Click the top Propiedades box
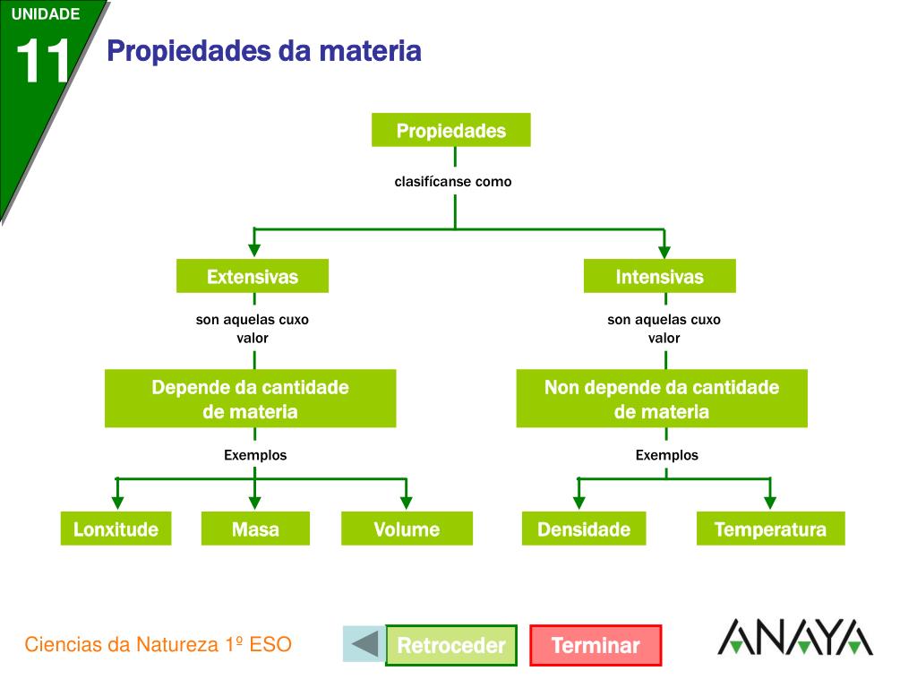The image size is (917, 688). (x=451, y=130)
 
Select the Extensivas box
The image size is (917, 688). (x=253, y=276)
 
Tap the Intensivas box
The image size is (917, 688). (x=660, y=276)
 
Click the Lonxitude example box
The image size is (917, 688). (x=116, y=529)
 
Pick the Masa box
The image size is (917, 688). (x=255, y=529)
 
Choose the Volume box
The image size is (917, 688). (x=407, y=529)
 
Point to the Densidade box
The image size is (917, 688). (x=584, y=529)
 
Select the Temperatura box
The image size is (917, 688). (x=770, y=529)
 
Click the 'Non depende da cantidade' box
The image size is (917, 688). (x=662, y=399)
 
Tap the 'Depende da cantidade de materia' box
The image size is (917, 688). (x=250, y=399)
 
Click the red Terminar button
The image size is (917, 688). (x=596, y=645)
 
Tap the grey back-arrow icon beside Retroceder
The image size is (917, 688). (x=364, y=643)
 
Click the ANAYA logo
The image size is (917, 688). (x=794, y=637)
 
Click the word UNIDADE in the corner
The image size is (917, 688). (x=46, y=13)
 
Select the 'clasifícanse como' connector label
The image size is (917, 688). (x=453, y=182)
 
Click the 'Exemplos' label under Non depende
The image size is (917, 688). (x=666, y=455)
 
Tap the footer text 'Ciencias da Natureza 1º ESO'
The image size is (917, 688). (x=159, y=644)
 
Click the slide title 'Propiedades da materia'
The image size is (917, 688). (x=264, y=51)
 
